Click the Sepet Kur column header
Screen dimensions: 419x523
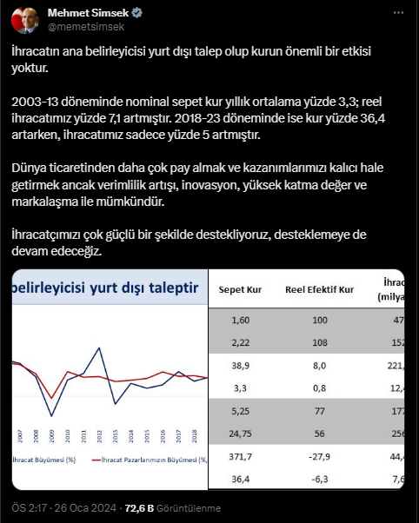tap(239, 290)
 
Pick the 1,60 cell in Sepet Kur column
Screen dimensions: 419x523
tap(239, 321)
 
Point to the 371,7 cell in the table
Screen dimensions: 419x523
tap(239, 455)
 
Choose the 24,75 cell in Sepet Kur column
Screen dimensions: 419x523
tap(239, 434)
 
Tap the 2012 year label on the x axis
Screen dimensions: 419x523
tap(99, 435)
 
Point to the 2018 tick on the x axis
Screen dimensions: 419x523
tap(196, 435)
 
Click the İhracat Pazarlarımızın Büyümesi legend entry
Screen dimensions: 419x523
tap(156, 460)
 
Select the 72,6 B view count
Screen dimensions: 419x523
tap(139, 508)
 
